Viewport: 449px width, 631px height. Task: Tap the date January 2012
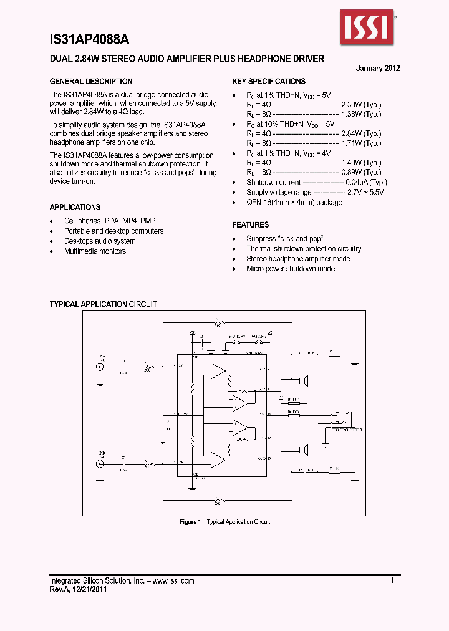tap(378, 69)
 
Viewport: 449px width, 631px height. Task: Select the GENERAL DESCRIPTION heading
tap(91, 82)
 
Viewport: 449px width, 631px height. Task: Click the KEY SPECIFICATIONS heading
tap(269, 82)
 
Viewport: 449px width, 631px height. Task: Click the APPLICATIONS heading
tap(75, 207)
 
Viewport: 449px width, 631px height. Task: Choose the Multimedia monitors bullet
tap(95, 251)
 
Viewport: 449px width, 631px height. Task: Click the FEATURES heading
tap(251, 225)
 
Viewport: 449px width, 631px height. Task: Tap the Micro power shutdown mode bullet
tap(291, 269)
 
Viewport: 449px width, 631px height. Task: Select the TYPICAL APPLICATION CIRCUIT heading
tap(103, 304)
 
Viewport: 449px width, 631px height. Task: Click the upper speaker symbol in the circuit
tap(306, 380)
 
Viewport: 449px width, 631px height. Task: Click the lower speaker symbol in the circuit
tap(306, 449)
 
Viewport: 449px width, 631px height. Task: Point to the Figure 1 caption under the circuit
tap(224, 522)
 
